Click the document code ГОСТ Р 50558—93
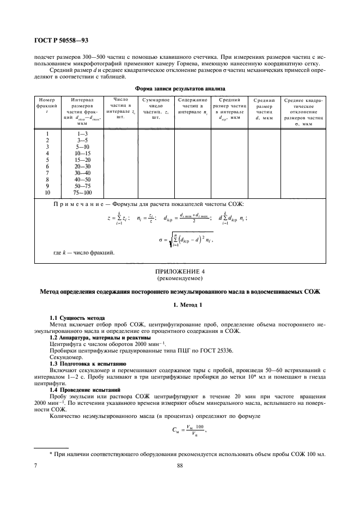[x=52, y=41]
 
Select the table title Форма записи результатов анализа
[x=179, y=88]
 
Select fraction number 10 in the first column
[x=47, y=192]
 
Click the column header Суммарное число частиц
[x=156, y=108]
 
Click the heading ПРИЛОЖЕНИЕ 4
[x=180, y=270]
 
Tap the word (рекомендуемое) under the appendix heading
[x=180, y=277]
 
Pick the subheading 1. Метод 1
[x=180, y=307]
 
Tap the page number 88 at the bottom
[x=179, y=465]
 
